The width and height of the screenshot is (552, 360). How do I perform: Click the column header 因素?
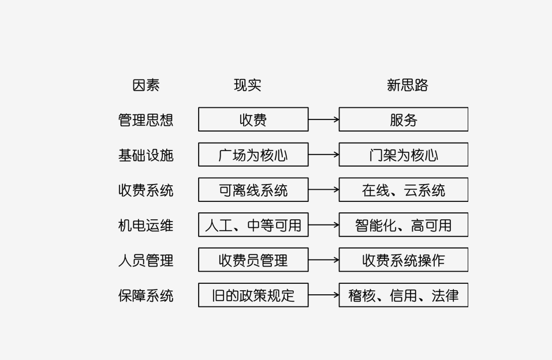pyautogui.click(x=146, y=85)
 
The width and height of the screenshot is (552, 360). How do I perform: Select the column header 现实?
pyautogui.click(x=247, y=85)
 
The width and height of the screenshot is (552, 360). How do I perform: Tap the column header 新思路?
pyautogui.click(x=408, y=85)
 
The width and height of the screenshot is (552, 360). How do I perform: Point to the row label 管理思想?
pyautogui.click(x=146, y=120)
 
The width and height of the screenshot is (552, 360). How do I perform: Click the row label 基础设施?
pyautogui.click(x=146, y=155)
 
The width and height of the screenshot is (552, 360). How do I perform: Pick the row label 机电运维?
pyautogui.click(x=146, y=225)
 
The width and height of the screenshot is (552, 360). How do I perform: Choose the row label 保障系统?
pyautogui.click(x=146, y=295)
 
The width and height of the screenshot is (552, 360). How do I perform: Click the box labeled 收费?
pyautogui.click(x=253, y=119)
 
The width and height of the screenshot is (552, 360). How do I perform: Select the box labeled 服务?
pyautogui.click(x=403, y=119)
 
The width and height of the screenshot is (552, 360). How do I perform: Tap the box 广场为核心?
pyautogui.click(x=253, y=155)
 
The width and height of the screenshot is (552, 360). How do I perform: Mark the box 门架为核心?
pyautogui.click(x=403, y=155)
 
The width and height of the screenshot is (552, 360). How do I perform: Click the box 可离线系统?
pyautogui.click(x=253, y=190)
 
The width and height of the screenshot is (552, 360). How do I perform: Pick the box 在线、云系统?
pyautogui.click(x=403, y=190)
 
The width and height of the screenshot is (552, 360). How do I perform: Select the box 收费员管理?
pyautogui.click(x=253, y=260)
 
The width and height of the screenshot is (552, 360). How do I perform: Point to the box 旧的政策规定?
pyautogui.click(x=253, y=295)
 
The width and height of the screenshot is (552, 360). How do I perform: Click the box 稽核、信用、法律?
pyautogui.click(x=403, y=295)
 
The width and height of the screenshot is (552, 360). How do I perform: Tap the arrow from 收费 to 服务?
pyautogui.click(x=323, y=119)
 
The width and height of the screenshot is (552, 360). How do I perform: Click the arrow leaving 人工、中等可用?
pyautogui.click(x=323, y=225)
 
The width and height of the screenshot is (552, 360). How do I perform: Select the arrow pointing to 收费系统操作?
pyautogui.click(x=323, y=260)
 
